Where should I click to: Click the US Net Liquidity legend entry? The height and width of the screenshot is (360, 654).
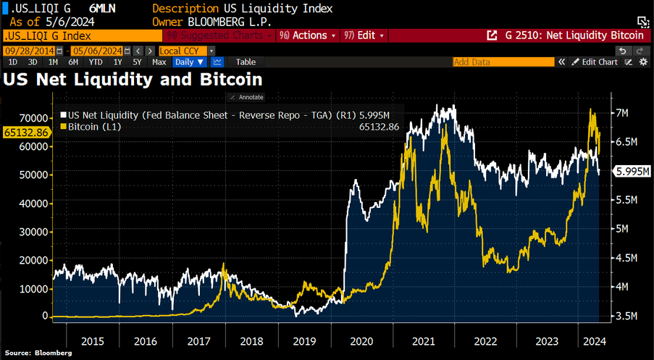(x=180, y=114)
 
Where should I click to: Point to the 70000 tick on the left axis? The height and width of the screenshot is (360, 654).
(x=38, y=118)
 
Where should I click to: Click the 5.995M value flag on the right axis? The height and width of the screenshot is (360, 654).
(x=631, y=172)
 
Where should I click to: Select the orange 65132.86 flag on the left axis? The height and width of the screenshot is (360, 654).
(x=26, y=132)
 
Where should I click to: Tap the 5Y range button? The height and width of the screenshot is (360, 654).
(x=137, y=62)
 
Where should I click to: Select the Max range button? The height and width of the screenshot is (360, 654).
(x=159, y=62)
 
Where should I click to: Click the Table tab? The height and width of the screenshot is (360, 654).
(x=246, y=62)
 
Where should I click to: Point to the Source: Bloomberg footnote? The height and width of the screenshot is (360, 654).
(x=38, y=353)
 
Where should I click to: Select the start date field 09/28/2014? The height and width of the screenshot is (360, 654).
(x=28, y=51)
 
